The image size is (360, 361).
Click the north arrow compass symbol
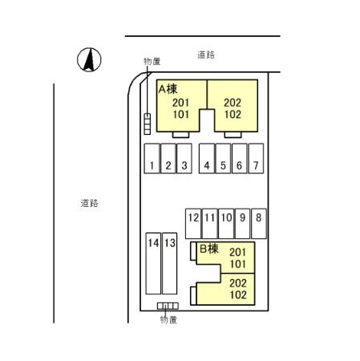(89, 59)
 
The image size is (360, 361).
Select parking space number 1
(152, 159)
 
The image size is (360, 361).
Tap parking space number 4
(207, 159)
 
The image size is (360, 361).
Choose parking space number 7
(256, 159)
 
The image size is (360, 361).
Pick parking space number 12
(193, 224)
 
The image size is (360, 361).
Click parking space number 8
(259, 224)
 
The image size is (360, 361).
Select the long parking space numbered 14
(153, 263)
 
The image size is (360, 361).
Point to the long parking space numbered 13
(169, 263)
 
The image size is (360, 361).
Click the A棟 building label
(168, 89)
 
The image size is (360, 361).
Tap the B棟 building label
(209, 249)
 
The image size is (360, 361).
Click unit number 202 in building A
(233, 103)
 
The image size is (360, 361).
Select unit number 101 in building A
(181, 115)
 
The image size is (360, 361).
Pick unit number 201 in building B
(237, 252)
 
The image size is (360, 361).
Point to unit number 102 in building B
(238, 295)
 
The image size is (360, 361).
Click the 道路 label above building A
(206, 55)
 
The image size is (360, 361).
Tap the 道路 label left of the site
(90, 203)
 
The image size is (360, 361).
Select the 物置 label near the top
(152, 62)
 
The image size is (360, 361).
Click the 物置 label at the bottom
(168, 319)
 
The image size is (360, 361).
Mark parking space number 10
(226, 224)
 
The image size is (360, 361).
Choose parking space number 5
(223, 159)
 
